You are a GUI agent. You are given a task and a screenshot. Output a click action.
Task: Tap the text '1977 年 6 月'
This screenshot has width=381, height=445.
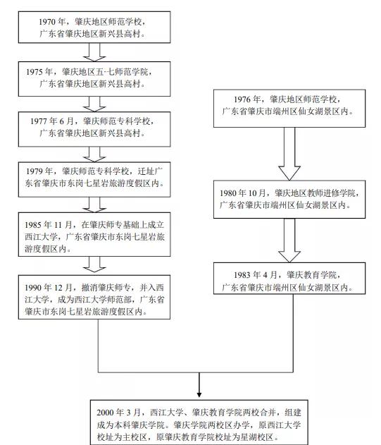[x=52, y=121]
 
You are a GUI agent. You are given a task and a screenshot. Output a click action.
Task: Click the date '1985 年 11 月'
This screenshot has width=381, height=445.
[x=48, y=225]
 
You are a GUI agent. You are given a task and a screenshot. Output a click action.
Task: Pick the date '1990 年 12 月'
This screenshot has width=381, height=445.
[x=48, y=288]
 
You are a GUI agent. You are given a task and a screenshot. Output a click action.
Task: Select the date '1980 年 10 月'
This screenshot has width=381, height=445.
[x=243, y=193]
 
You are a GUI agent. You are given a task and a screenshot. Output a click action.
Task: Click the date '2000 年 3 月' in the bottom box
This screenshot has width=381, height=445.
[x=118, y=413]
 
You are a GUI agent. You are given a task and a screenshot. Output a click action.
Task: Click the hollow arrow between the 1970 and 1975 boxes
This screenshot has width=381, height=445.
[x=94, y=52]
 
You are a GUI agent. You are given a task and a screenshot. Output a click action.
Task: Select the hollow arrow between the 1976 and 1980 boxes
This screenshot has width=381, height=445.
[x=289, y=154]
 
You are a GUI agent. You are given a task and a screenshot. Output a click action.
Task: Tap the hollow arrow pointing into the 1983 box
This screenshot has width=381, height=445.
[x=289, y=240]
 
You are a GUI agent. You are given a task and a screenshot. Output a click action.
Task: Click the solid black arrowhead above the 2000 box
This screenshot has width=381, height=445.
[x=199, y=394]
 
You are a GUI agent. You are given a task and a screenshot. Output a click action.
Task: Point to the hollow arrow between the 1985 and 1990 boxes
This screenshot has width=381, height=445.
[x=94, y=264]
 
